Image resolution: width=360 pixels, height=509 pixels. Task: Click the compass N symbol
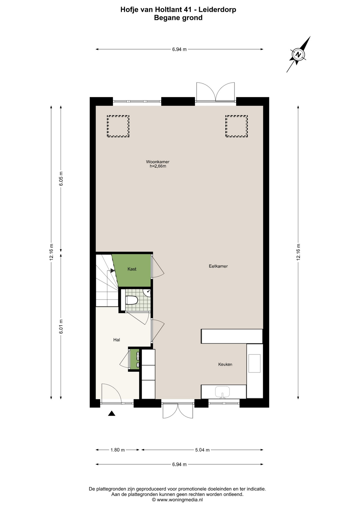[298, 55]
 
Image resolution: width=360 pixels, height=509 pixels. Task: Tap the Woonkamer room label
[158, 162]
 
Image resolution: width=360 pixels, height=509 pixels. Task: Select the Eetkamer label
[218, 266]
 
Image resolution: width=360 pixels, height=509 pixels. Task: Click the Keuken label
[225, 364]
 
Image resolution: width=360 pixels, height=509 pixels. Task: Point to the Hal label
[117, 340]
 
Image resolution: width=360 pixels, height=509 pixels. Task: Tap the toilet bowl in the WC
[131, 300]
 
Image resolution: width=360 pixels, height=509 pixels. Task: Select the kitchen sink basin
[222, 392]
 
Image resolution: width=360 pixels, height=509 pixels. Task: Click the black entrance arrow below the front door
[112, 413]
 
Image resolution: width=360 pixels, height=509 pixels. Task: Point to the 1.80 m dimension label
[117, 450]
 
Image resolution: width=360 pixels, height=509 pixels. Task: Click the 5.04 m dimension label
[202, 450]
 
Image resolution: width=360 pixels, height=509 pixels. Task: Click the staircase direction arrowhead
[112, 271]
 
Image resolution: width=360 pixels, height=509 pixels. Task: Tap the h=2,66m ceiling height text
[158, 166]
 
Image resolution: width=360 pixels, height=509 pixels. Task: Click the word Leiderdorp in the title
[217, 10]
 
